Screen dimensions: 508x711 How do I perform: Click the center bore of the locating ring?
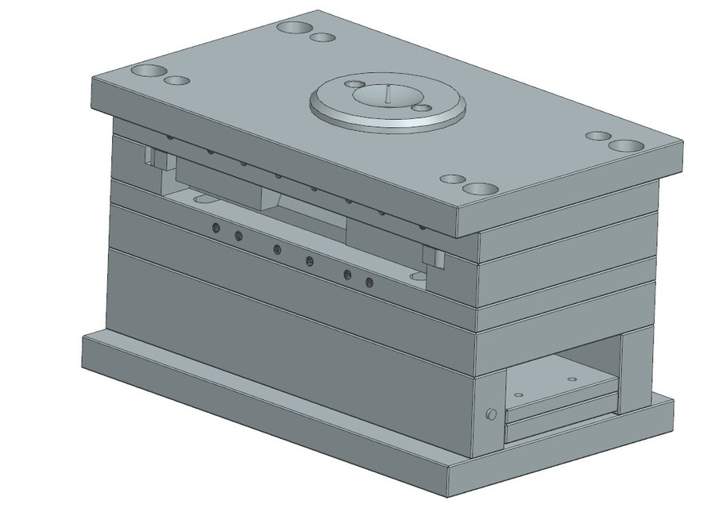coord(386,96)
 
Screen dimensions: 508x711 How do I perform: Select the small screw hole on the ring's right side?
coord(423,107)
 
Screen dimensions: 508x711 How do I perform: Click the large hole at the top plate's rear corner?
coord(295,28)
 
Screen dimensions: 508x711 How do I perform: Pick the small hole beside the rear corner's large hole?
coord(322,37)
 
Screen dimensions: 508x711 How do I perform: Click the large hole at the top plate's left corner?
coord(148,71)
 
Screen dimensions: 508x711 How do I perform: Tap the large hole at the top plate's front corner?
coord(480,189)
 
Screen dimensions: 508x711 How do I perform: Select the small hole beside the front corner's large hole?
coord(452,179)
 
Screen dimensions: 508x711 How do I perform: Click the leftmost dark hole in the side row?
coord(216,229)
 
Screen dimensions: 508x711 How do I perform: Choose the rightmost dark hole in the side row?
coord(369,282)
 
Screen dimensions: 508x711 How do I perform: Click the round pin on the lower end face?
coord(491,414)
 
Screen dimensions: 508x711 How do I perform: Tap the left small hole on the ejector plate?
coord(518,394)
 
